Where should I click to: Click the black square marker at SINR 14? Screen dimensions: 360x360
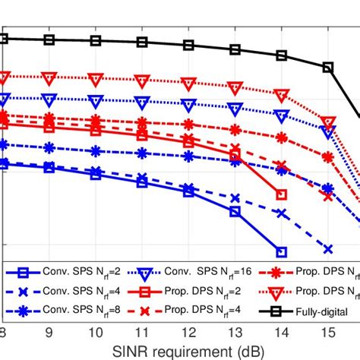pos(282,55)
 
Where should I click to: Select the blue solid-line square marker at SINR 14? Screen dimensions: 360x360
pos(282,252)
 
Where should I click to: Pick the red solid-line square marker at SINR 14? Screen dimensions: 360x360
pos(282,195)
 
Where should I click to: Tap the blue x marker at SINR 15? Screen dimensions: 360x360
pos(328,248)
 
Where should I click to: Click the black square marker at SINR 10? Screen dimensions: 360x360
pos(96,41)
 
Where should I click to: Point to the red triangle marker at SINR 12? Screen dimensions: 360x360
pos(188,83)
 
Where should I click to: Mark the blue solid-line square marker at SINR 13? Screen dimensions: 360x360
pos(235,212)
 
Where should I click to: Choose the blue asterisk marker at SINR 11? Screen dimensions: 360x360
pos(142,153)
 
